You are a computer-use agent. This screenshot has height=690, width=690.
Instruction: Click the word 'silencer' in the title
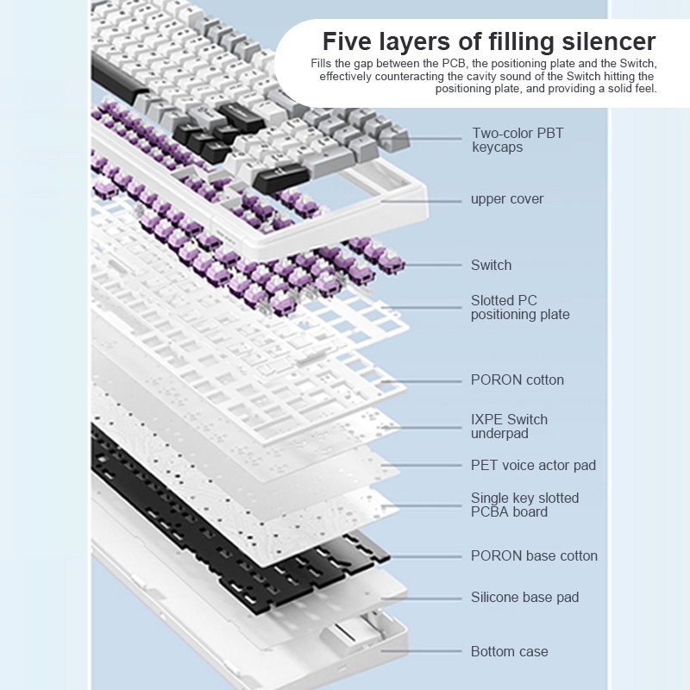point(609,41)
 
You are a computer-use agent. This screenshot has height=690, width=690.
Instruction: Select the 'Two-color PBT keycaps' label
point(517,140)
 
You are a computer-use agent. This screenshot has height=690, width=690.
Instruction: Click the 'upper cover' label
point(507,199)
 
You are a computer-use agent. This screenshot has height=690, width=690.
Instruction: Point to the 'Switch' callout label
point(491,265)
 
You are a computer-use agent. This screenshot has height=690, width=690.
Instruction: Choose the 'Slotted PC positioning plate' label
point(520,307)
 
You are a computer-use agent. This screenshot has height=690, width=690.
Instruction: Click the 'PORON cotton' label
point(517,379)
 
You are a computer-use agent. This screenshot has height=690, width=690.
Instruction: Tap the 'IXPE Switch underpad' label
point(509,426)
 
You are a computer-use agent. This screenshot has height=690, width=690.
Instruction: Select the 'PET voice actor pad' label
point(533,465)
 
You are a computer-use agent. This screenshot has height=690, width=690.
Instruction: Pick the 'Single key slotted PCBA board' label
point(524,505)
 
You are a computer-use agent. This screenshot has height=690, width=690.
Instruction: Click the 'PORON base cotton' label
point(534,555)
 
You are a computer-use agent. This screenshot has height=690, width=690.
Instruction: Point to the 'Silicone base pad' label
point(524,597)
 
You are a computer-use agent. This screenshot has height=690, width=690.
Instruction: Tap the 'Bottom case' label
point(509,651)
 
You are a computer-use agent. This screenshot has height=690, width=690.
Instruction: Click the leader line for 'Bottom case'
point(421,651)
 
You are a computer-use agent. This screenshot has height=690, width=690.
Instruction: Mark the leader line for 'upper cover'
point(421,201)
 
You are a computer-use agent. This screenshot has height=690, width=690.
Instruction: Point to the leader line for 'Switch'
point(432,265)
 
